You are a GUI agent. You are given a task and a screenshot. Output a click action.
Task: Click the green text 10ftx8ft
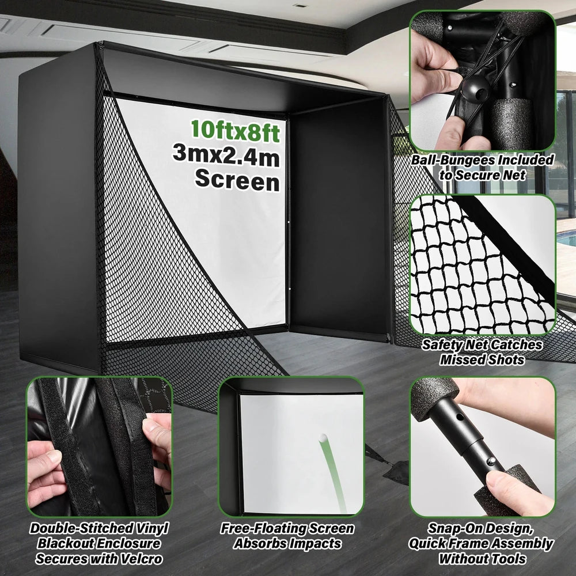tap(235, 131)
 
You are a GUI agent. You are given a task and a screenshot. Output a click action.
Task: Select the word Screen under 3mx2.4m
tap(237, 180)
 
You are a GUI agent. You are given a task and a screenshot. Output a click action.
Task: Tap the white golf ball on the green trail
tap(323, 438)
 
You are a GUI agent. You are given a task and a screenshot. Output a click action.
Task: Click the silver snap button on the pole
tap(491, 461)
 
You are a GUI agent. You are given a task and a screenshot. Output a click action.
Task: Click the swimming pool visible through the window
tap(566, 239)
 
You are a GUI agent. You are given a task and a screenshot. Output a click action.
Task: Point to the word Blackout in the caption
tap(65, 543)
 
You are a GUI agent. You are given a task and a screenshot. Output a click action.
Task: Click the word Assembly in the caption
tap(524, 543)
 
